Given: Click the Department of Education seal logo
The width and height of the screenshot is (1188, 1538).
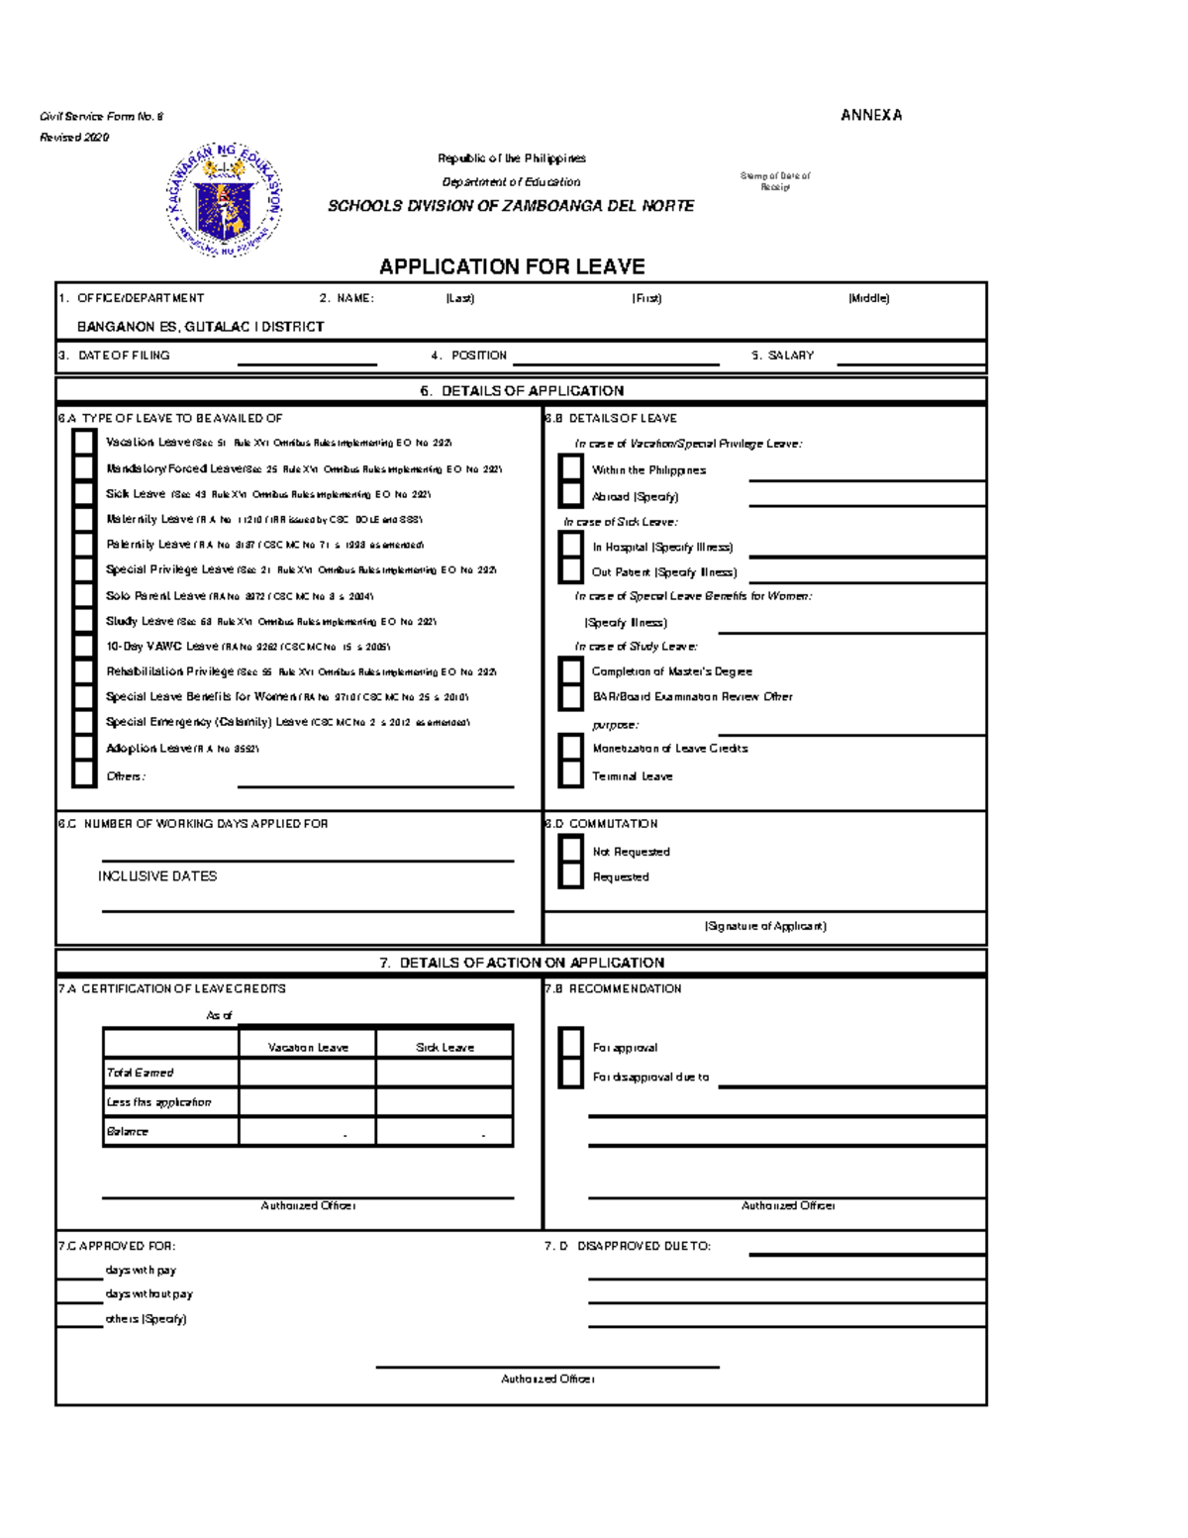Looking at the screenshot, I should (x=225, y=200).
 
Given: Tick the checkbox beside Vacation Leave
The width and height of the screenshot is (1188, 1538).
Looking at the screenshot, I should (x=84, y=443).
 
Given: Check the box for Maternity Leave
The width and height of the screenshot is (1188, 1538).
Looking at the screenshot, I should (x=84, y=519).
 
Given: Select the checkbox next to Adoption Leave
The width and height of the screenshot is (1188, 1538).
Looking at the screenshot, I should (x=84, y=748).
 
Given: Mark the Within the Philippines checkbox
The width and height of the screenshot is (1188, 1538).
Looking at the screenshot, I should (x=571, y=468).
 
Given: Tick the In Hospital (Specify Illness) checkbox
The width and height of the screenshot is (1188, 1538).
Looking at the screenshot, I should (x=571, y=546).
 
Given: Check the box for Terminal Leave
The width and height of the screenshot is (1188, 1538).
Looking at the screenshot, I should (x=571, y=775).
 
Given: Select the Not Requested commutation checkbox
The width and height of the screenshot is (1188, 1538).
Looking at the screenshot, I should (x=571, y=851).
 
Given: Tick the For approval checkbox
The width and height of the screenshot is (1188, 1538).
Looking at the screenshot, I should (x=571, y=1046).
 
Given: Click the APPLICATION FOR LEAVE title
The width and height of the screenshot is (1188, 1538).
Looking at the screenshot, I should (x=512, y=266).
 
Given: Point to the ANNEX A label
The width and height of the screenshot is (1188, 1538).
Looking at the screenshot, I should (x=871, y=115).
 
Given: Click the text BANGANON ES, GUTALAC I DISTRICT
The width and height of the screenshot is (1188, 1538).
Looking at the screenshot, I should (x=200, y=327).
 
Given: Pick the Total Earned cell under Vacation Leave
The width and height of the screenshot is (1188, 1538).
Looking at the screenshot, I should (x=307, y=1073).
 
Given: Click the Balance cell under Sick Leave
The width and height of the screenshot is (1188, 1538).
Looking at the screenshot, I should (x=445, y=1131).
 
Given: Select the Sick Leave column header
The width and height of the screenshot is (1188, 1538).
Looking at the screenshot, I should (x=445, y=1047).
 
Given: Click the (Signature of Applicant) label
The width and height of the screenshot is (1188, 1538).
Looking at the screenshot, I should (x=765, y=926).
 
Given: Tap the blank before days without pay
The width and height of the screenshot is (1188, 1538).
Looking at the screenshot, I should (x=79, y=1295).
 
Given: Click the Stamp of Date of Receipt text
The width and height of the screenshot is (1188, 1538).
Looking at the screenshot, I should (x=775, y=180).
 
